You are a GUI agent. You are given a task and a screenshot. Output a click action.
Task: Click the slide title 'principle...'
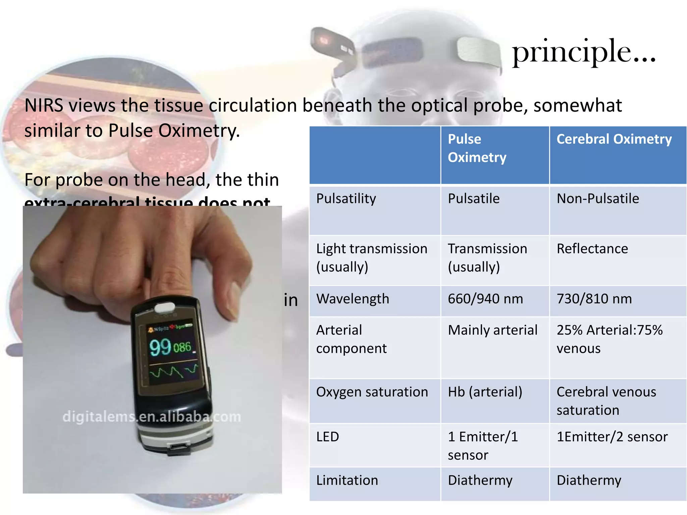(x=584, y=52)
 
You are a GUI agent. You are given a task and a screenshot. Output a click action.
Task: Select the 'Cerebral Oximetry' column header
(x=614, y=139)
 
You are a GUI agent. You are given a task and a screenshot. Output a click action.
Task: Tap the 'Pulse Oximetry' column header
(x=477, y=148)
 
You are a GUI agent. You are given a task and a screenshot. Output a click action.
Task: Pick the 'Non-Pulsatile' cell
(x=598, y=198)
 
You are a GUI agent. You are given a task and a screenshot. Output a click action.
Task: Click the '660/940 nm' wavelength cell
(x=485, y=299)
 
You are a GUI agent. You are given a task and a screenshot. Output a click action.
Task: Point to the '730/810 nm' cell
(x=594, y=299)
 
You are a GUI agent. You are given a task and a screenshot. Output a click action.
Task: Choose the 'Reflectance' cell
(x=592, y=249)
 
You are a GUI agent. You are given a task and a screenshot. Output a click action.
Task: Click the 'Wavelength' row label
(x=353, y=299)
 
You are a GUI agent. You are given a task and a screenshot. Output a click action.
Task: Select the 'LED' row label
(x=327, y=437)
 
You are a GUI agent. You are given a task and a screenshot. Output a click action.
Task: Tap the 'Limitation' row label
(x=347, y=480)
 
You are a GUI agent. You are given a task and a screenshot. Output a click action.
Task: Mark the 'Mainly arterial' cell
(x=492, y=330)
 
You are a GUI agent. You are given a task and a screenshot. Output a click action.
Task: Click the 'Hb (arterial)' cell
(x=485, y=392)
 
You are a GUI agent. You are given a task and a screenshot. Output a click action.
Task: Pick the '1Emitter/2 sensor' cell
(x=612, y=437)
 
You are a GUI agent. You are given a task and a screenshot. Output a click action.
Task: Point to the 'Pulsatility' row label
(x=346, y=198)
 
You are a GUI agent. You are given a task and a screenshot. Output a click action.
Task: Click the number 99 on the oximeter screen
(x=160, y=347)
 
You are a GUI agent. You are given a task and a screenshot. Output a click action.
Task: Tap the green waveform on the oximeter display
(x=173, y=371)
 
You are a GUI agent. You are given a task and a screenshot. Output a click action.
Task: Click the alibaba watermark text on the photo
(x=152, y=417)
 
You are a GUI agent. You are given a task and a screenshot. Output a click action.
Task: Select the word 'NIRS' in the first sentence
(x=44, y=105)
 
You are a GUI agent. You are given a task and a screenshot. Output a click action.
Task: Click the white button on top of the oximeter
(x=164, y=306)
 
